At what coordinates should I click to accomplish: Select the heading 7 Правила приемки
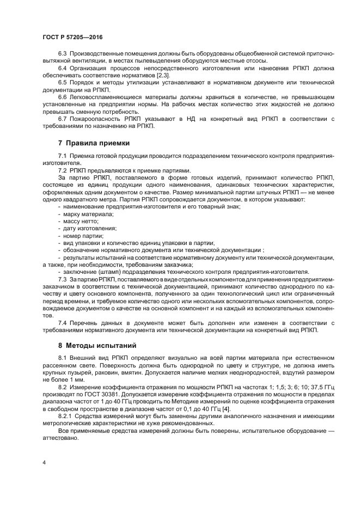point(94,143)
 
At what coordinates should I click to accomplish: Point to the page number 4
point(44,462)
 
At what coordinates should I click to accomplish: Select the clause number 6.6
point(62,96)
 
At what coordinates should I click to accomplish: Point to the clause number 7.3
point(62,279)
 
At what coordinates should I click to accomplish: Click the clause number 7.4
point(62,323)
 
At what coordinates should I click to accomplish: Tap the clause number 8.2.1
point(65,415)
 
